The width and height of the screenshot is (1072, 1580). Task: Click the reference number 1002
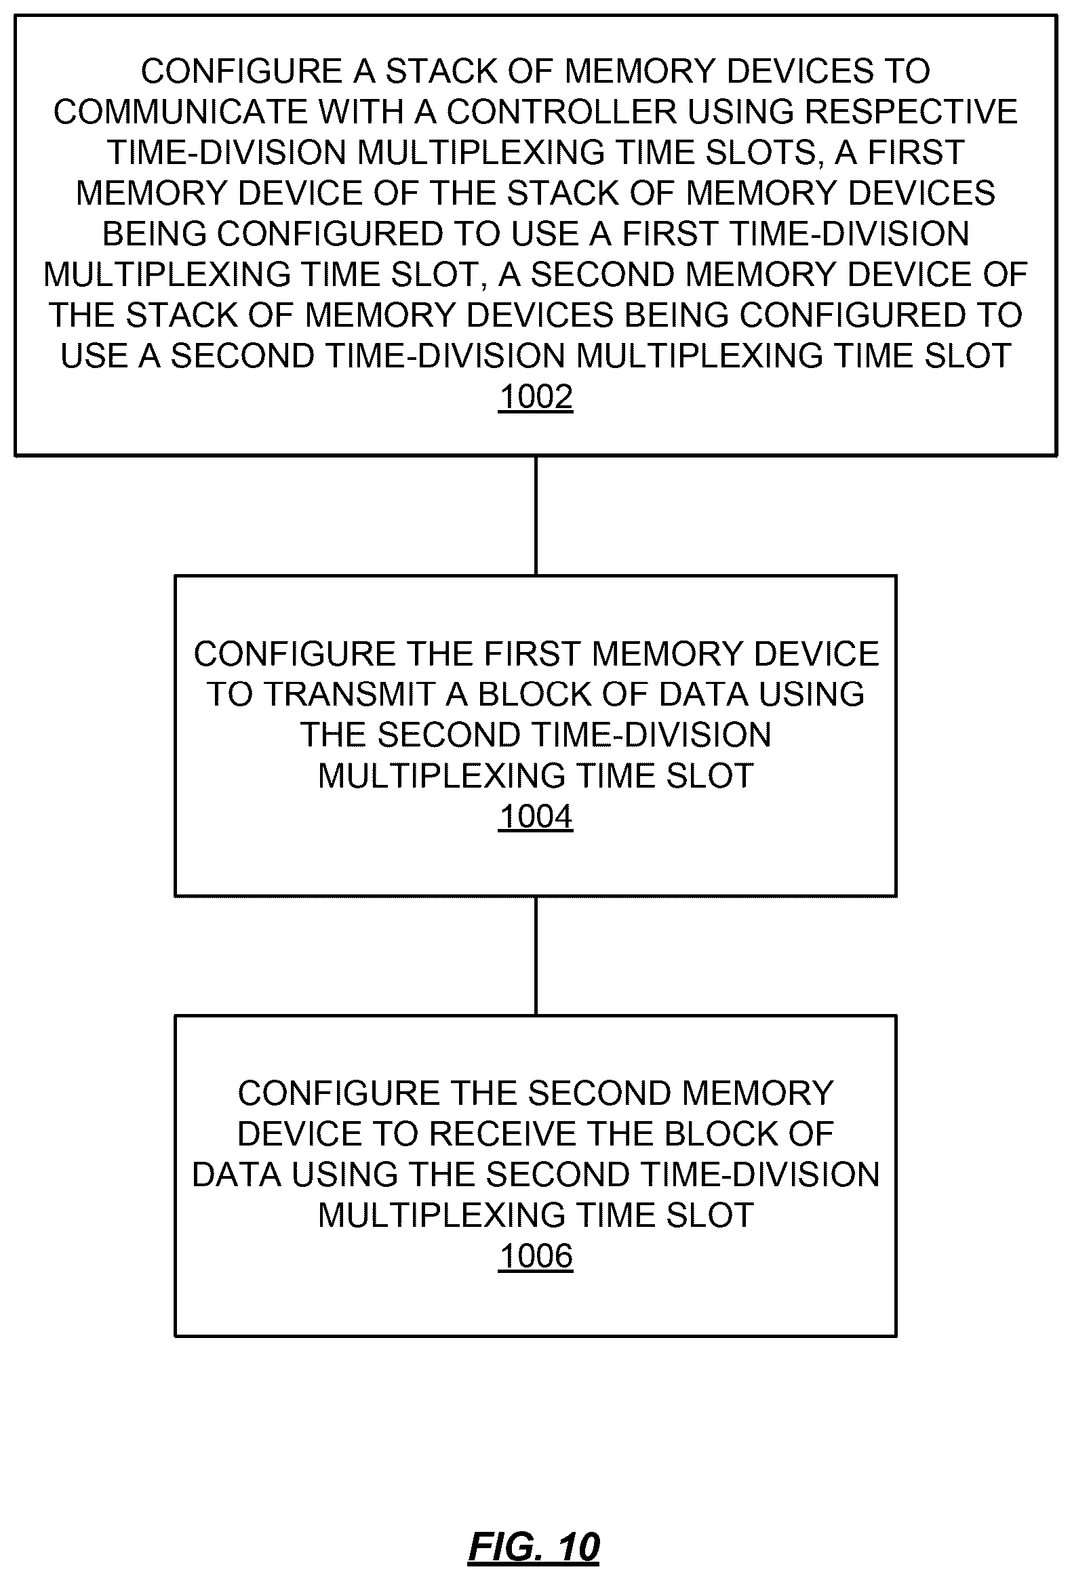[536, 397]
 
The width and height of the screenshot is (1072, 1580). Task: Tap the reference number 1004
[536, 817]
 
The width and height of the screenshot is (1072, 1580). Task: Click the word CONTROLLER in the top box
[561, 112]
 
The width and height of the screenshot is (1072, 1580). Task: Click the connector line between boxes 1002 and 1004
[536, 515]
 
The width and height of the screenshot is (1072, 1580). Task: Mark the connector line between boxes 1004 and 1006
[536, 956]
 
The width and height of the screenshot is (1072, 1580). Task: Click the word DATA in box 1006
[237, 1175]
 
